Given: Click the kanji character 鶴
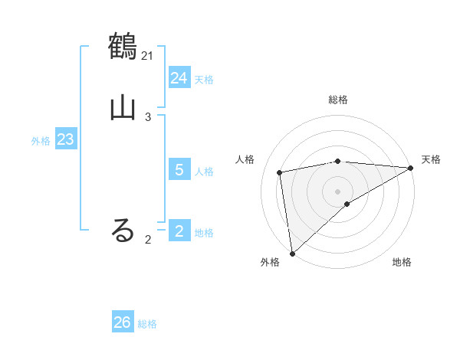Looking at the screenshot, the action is (x=123, y=45).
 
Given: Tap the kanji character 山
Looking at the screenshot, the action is (x=123, y=106).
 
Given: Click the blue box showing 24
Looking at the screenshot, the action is (x=179, y=78).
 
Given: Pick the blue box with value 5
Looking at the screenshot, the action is (x=179, y=170).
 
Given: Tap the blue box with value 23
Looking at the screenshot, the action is (x=65, y=140).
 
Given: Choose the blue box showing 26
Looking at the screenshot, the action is (x=123, y=322).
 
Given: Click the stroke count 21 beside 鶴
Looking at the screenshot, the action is (x=148, y=55).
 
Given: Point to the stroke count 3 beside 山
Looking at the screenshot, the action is (x=148, y=117).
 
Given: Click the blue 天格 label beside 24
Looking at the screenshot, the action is (x=204, y=80).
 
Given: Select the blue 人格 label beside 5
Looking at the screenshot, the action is (x=204, y=172).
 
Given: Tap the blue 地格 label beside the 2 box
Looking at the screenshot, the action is (x=204, y=233).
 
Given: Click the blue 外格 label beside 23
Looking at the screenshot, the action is (x=41, y=141).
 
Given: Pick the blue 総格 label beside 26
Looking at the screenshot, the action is (x=147, y=324).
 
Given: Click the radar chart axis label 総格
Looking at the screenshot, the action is (x=338, y=100).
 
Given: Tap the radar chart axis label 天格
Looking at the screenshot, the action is (x=431, y=159).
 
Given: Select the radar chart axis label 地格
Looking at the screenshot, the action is (x=402, y=263).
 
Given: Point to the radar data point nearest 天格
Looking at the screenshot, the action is (x=411, y=168).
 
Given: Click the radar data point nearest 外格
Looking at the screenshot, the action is (x=292, y=253).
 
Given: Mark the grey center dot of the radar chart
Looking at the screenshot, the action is (x=338, y=191).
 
